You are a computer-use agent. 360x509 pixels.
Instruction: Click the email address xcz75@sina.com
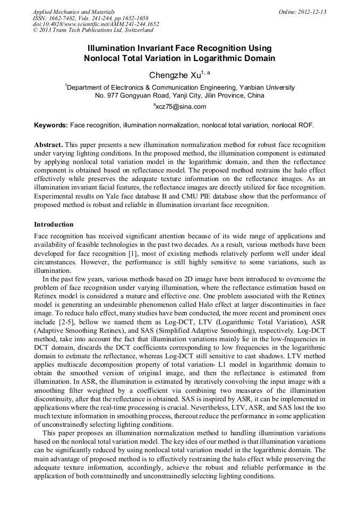pos(181,107)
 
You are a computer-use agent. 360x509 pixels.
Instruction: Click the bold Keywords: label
pos(51,126)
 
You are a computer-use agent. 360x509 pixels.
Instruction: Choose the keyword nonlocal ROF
pos(293,126)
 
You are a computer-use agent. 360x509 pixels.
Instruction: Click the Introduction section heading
pos(54,225)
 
